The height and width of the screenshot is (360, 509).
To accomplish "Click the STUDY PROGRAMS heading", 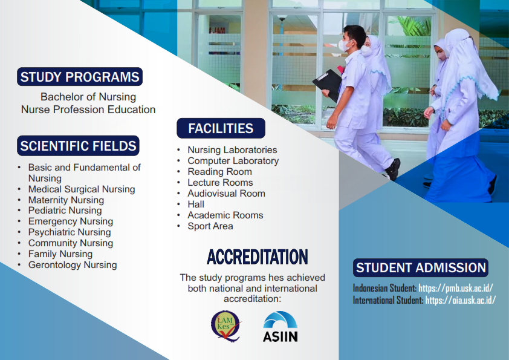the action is pos(80,77).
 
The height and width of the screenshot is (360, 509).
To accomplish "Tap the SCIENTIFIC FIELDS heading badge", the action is pos(78,146).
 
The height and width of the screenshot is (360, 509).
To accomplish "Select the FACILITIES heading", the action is pos(221,128).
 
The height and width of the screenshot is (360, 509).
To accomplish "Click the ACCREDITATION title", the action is pos(258,257).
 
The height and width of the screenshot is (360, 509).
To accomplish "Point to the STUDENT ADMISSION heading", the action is pos(421,267).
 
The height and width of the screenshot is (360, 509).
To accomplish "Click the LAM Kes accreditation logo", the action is pos(226,326).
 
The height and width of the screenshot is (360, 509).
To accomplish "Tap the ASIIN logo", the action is pos(280,327).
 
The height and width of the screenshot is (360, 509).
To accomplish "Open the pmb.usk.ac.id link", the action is pos(456,288).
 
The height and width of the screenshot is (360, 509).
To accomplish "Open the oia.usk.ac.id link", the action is pos(461,300).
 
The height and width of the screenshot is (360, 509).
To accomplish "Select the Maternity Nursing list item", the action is pos(66,200).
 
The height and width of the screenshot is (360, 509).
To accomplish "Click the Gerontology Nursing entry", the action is pos(73,265).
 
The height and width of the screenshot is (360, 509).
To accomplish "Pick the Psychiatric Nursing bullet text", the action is pos(70,232).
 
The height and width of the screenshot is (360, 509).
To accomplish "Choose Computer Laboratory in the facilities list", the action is pos(233,160).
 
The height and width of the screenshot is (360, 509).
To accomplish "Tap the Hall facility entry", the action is pos(196,205).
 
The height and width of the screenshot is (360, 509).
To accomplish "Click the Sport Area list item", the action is pos(210,226).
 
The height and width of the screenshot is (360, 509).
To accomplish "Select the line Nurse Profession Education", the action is pos(88,110).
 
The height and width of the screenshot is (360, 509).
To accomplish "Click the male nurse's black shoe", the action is pos(393,169).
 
